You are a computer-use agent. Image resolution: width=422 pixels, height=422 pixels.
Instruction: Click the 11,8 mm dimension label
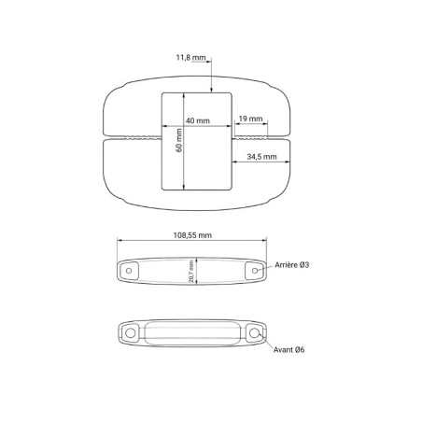coord(190,58)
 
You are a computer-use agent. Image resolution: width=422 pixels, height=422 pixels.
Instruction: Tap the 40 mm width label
coord(198,120)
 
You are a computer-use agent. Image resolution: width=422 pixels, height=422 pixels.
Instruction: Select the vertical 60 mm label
coord(179,140)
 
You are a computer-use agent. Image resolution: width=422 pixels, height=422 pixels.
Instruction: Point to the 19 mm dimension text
coord(250,119)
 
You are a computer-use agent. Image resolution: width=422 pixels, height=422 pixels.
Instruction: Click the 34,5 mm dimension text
coord(261,157)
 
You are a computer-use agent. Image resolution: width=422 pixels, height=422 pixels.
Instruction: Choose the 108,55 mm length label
coord(192,235)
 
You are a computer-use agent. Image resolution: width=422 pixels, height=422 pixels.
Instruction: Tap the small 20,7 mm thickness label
coord(191,272)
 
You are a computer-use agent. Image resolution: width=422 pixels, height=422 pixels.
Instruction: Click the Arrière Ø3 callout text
coord(292,265)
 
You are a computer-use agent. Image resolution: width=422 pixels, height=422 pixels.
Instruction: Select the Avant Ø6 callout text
coord(288,350)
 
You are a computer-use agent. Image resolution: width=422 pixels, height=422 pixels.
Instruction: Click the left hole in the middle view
coord(129,271)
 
